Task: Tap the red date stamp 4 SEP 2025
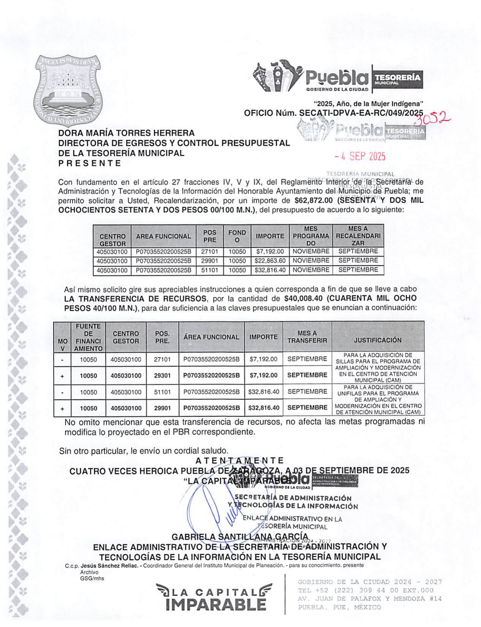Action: click(360, 156)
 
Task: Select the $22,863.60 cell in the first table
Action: click(270, 261)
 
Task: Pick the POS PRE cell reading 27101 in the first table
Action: click(210, 251)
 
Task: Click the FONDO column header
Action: click(237, 236)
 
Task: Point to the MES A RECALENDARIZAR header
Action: click(358, 236)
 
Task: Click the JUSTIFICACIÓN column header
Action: click(377, 340)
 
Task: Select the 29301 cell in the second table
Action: click(162, 376)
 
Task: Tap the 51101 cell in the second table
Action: click(162, 392)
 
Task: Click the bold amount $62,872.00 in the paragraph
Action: click(314, 200)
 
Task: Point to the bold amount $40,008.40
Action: click(303, 298)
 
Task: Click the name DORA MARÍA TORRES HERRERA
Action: click(126, 133)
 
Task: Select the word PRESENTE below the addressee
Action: click(90, 163)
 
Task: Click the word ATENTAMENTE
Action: click(239, 460)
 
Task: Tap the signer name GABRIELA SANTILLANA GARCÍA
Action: click(240, 537)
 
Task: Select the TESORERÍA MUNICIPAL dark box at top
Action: click(398, 79)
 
